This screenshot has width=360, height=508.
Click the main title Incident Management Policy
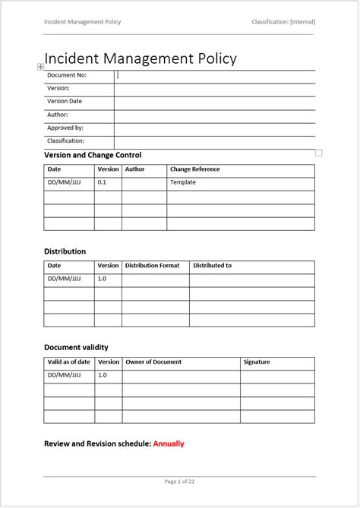pyautogui.click(x=141, y=58)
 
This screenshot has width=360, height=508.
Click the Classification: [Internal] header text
pyautogui.click(x=283, y=22)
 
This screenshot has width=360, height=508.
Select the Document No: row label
pyautogui.click(x=67, y=75)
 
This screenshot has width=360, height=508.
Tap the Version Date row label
pyautogui.click(x=65, y=101)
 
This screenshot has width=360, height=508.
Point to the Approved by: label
pyautogui.click(x=65, y=128)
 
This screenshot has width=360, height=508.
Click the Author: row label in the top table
pyautogui.click(x=58, y=115)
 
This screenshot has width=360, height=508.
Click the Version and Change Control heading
pyautogui.click(x=93, y=155)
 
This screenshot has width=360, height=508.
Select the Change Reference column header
pyautogui.click(x=195, y=169)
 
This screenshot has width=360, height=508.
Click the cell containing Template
pyautogui.click(x=183, y=182)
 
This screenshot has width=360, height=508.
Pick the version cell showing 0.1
pyautogui.click(x=103, y=182)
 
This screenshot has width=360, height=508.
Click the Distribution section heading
pyautogui.click(x=65, y=251)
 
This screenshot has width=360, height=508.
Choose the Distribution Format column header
pyautogui.click(x=152, y=266)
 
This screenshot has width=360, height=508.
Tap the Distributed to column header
pyautogui.click(x=213, y=266)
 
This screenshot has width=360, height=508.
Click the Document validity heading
pyautogui.click(x=76, y=348)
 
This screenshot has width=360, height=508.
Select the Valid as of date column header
pyautogui.click(x=69, y=362)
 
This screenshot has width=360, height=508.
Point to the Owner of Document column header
pyautogui.click(x=153, y=362)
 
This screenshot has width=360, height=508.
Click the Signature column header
pyautogui.click(x=257, y=362)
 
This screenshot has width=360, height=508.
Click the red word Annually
pyautogui.click(x=169, y=443)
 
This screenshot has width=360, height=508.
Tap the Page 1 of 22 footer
pyautogui.click(x=180, y=481)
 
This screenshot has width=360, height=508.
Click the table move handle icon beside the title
pyautogui.click(x=40, y=67)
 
